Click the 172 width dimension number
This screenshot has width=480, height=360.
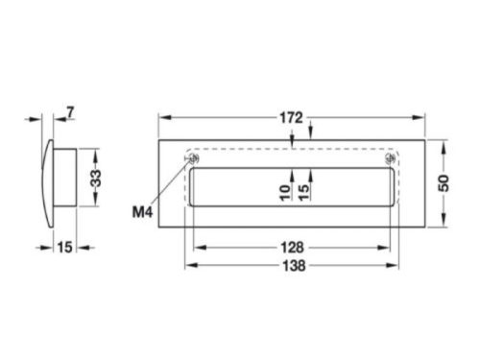point(293,118)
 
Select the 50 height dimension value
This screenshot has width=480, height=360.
point(444,183)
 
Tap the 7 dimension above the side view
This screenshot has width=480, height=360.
point(71,114)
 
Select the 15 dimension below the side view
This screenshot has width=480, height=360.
point(64,248)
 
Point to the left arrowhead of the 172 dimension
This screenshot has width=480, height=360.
point(163,118)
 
